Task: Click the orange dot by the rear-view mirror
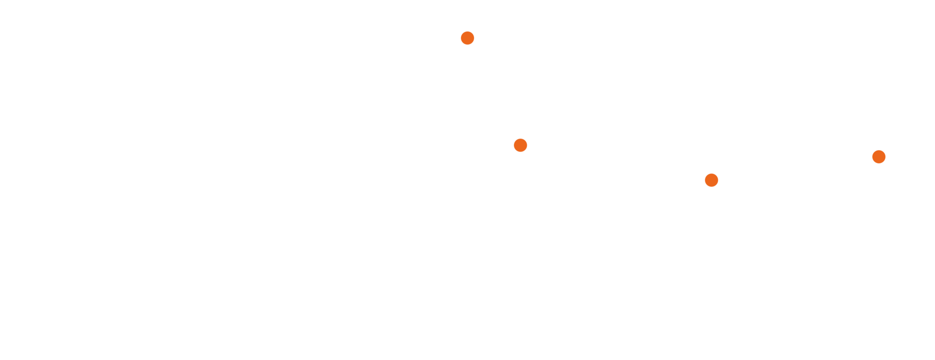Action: click(467, 38)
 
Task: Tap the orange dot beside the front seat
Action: click(520, 145)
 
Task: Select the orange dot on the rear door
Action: click(711, 180)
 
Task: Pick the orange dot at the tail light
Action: click(878, 157)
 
